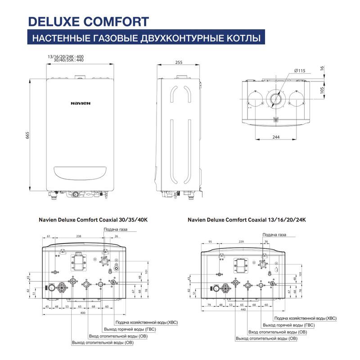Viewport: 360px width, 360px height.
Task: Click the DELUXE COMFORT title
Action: [x=88, y=21]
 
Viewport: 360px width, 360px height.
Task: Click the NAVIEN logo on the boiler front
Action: [x=81, y=103]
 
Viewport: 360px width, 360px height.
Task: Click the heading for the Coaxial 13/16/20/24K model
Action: [x=247, y=220]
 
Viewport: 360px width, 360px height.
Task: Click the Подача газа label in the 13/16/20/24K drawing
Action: [x=274, y=235]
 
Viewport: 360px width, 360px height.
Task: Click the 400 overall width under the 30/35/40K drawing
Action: [x=83, y=313]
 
